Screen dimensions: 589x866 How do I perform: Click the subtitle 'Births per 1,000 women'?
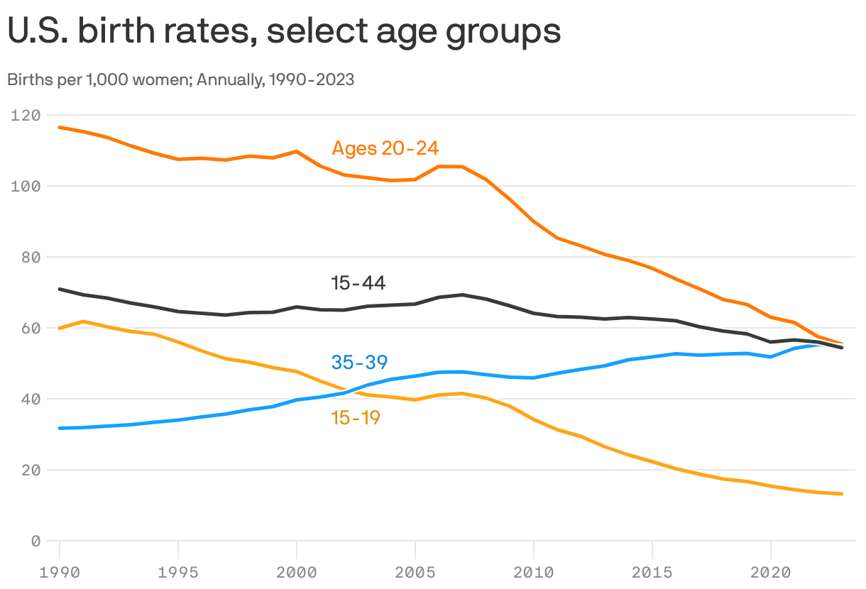(180, 79)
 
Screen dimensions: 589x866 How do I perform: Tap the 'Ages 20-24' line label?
(385, 148)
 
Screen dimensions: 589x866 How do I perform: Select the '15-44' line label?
(358, 283)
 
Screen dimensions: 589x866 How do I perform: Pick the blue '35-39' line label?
(359, 362)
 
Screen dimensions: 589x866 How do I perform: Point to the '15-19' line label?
(356, 418)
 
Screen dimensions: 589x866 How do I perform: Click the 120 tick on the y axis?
(26, 115)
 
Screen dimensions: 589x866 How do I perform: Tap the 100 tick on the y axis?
(26, 186)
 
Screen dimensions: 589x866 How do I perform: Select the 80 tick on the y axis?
(31, 257)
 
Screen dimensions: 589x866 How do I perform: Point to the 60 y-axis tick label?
(31, 328)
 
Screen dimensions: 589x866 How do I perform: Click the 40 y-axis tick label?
(31, 399)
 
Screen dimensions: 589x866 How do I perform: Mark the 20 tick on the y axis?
(31, 470)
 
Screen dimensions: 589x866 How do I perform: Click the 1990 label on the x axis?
(60, 572)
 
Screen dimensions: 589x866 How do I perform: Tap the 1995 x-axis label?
(178, 572)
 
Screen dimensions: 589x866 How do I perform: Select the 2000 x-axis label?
(297, 572)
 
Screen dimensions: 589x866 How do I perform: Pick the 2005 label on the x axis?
(415, 572)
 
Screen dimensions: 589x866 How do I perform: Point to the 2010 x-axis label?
(533, 572)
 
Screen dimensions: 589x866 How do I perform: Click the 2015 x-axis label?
(652, 572)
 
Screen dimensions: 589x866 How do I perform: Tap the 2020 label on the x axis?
(770, 572)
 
